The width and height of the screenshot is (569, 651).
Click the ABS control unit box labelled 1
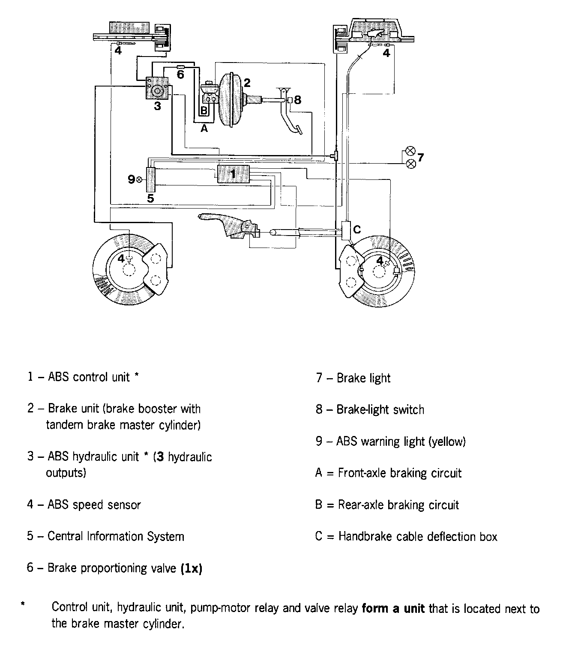click(x=233, y=173)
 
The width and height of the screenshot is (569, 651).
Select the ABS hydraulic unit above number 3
click(x=157, y=88)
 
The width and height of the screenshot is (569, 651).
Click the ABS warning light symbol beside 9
click(x=139, y=179)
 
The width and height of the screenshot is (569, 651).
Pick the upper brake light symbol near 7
click(x=410, y=151)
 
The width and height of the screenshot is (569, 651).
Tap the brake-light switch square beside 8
click(x=290, y=100)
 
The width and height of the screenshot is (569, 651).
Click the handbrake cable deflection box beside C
click(x=346, y=230)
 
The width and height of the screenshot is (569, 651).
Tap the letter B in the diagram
click(x=204, y=111)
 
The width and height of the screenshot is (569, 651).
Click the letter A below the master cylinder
click(x=204, y=128)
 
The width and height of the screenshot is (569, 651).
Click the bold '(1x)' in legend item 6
click(x=191, y=568)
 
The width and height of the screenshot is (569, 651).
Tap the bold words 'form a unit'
click(x=393, y=609)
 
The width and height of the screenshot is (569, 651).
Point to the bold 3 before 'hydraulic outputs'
click(x=160, y=457)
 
